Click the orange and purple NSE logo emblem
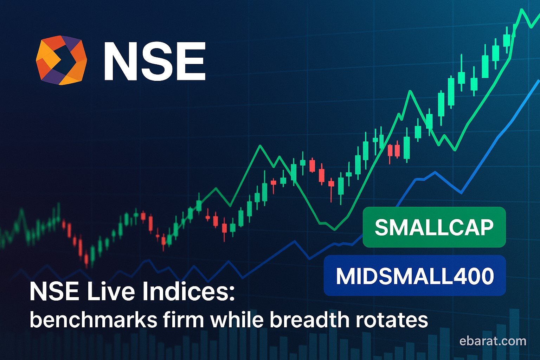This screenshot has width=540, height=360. click(x=61, y=60)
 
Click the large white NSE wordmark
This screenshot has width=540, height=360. click(x=155, y=61)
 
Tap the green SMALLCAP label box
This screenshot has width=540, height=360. click(x=434, y=227)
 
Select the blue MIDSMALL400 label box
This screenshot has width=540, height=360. click(x=414, y=276)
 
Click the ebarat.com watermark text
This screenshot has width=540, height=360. click(x=493, y=341)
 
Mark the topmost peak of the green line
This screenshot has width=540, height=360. click(x=522, y=9)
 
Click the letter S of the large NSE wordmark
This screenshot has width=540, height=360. click(x=155, y=61)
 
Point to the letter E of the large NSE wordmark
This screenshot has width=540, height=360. click(x=191, y=61)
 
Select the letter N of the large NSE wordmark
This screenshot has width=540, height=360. click(x=119, y=61)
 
